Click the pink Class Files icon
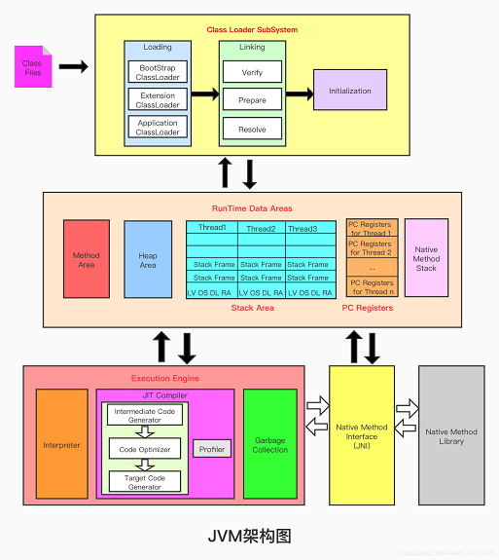(33, 67)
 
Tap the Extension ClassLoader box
(158, 99)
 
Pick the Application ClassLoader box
(158, 128)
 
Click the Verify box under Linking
(252, 72)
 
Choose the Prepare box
(252, 99)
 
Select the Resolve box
(252, 128)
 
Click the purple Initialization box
(349, 91)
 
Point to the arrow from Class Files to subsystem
(73, 67)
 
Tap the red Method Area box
(87, 259)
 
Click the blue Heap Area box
(148, 259)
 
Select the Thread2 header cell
(260, 229)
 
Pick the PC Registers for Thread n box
(372, 286)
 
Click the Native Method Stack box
(426, 259)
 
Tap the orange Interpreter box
(62, 445)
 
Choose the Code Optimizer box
(144, 449)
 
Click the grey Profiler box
(211, 449)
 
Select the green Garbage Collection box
(269, 445)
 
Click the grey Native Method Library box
(451, 436)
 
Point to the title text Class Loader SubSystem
(252, 30)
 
